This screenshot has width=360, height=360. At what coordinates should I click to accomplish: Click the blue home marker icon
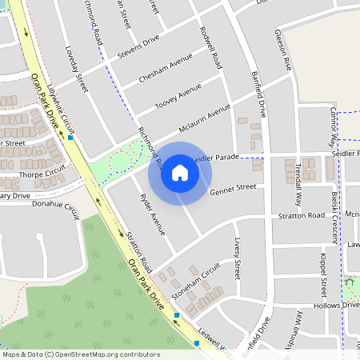[x=180, y=173]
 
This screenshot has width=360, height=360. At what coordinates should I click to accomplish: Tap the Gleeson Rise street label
[x=281, y=47]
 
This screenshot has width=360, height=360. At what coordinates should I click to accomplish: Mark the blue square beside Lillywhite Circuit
[x=71, y=138]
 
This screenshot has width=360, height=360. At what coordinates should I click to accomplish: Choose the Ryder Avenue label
[x=152, y=214]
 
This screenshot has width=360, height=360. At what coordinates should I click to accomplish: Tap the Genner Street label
[x=233, y=190]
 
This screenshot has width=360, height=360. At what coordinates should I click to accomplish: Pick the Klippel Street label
[x=324, y=275]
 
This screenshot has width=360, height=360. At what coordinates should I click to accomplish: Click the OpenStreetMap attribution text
[x=81, y=354]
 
